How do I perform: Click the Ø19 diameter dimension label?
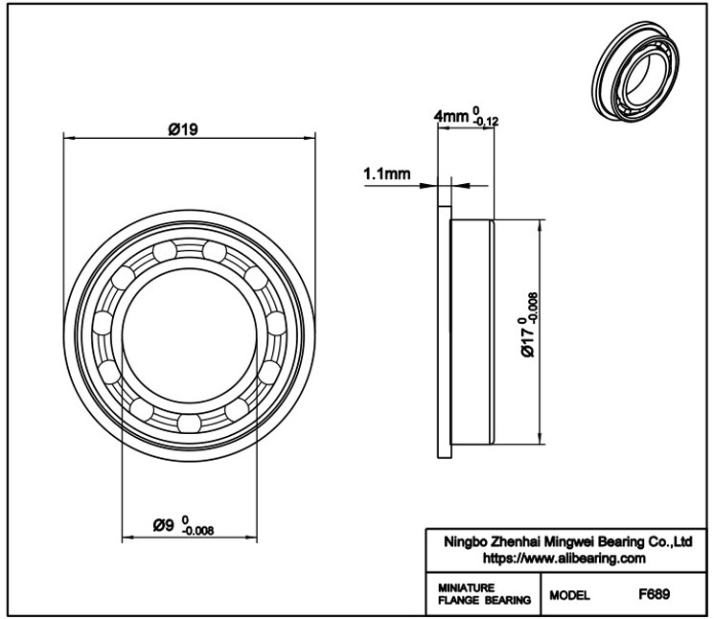183,129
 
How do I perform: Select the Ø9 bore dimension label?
163,525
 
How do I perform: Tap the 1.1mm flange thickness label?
386,173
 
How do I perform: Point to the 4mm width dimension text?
450,117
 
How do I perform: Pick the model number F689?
654,594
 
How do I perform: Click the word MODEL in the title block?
569,595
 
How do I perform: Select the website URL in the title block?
564,558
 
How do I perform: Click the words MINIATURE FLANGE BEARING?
484,594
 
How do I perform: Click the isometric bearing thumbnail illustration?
636,70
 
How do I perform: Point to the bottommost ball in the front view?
189,423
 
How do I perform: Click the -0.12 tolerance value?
486,122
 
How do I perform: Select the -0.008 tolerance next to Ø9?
197,531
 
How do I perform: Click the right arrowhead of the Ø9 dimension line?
251,538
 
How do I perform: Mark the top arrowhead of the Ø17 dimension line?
541,225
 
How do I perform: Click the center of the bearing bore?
190,335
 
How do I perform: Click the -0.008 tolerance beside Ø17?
533,308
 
